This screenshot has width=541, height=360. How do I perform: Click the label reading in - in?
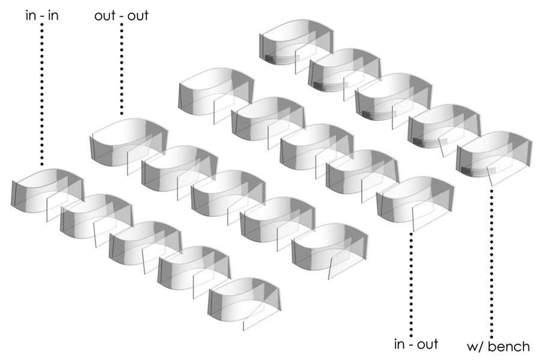[42, 16]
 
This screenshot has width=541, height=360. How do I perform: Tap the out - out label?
[121, 16]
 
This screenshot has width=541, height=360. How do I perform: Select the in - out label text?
[416, 344]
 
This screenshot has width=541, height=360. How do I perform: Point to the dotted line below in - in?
[42, 94]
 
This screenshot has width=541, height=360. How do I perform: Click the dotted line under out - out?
[121, 69]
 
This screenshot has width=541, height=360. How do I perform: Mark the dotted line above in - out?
[411, 285]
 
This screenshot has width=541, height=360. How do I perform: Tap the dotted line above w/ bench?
[492, 263]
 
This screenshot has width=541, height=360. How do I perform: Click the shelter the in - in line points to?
[47, 193]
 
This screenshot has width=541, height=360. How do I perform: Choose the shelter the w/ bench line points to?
[494, 155]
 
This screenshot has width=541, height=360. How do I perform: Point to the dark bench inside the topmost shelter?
[278, 59]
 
